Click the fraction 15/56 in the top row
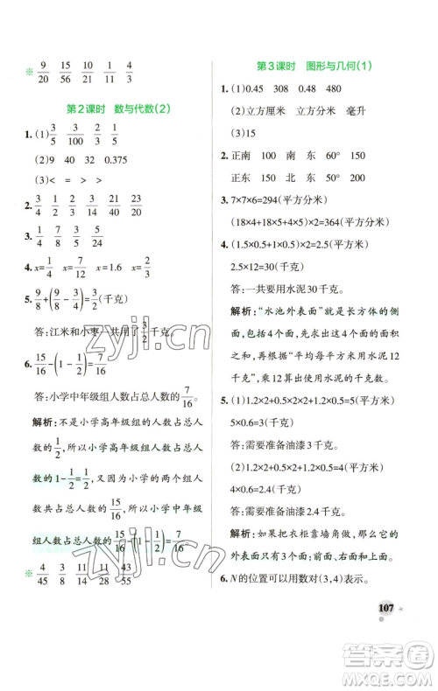[62, 73]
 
